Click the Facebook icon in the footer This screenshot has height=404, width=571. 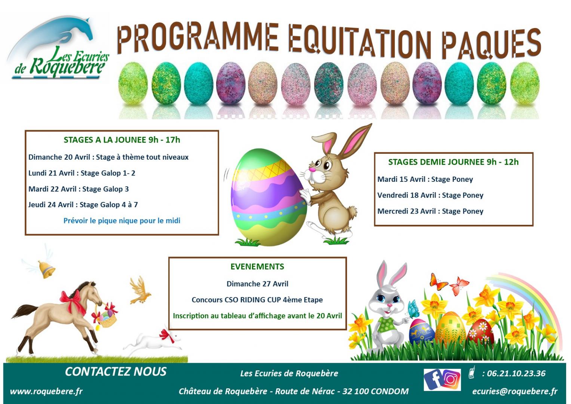pyautogui.click(x=433, y=380)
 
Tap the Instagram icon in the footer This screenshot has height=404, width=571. pyautogui.click(x=451, y=380)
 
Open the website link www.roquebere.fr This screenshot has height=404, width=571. pyautogui.click(x=46, y=391)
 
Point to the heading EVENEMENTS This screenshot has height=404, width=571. pyautogui.click(x=257, y=266)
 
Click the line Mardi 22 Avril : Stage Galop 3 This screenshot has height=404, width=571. pyautogui.click(x=79, y=189)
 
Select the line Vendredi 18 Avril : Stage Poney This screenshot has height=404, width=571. pyautogui.click(x=430, y=195)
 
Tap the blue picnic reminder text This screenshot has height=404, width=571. pyautogui.click(x=122, y=221)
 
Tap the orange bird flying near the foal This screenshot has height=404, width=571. pyautogui.click(x=140, y=291)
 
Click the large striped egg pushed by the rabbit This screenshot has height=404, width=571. pyautogui.click(x=269, y=197)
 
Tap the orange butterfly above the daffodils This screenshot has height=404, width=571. pyautogui.click(x=438, y=282)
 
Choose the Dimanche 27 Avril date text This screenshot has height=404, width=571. pyautogui.click(x=258, y=284)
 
